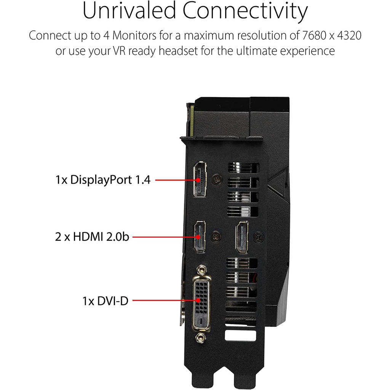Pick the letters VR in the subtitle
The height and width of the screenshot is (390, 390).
pyautogui.click(x=116, y=51)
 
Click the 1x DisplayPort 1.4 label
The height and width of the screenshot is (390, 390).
pyautogui.click(x=103, y=180)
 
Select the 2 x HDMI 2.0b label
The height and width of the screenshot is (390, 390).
pyautogui.click(x=92, y=237)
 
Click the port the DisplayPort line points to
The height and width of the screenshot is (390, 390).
pyautogui.click(x=200, y=180)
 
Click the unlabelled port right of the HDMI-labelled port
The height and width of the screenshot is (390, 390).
pyautogui.click(x=241, y=237)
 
